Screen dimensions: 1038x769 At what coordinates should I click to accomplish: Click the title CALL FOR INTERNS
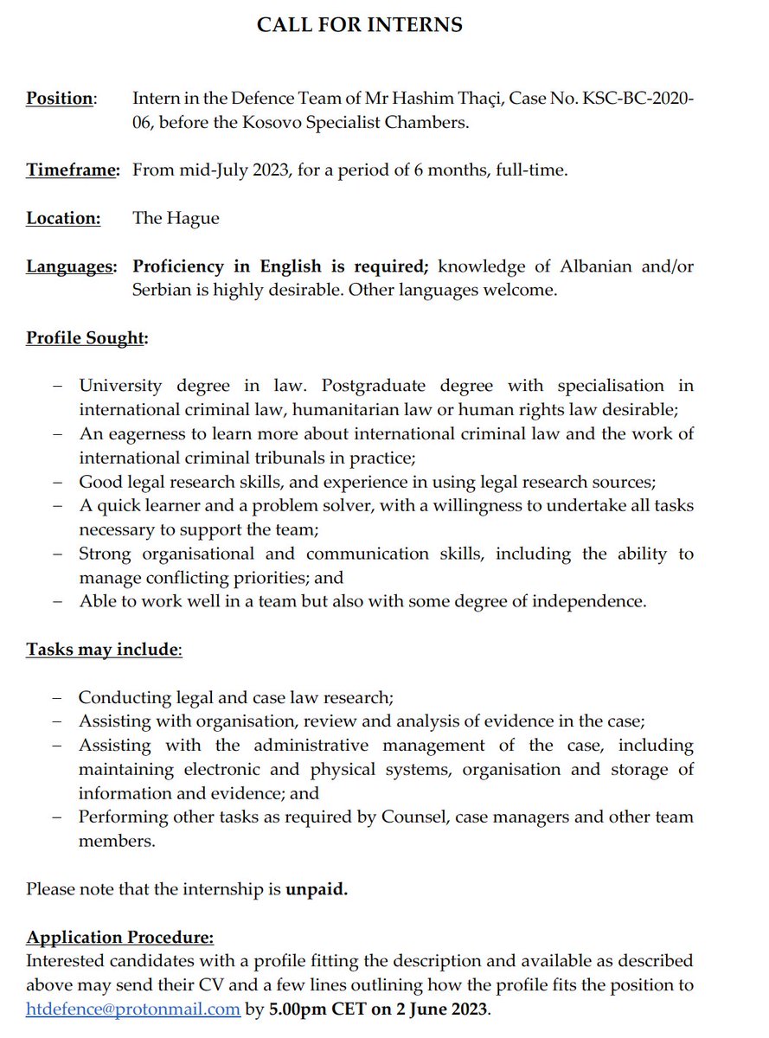pos(359,25)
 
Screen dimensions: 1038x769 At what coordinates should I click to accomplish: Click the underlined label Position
pos(59,99)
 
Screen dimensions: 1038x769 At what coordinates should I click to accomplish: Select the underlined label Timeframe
pos(72,170)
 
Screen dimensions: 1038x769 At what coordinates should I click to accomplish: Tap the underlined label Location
pos(62,218)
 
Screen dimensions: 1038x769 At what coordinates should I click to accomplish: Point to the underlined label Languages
pos(70,266)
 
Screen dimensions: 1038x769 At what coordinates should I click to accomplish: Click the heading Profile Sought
pos(85,337)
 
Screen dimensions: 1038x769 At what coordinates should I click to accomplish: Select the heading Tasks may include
pos(102,649)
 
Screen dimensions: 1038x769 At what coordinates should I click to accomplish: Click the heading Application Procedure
pos(119,938)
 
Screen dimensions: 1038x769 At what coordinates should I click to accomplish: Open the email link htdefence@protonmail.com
pos(133,1009)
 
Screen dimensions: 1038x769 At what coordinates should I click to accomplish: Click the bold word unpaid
pos(317,889)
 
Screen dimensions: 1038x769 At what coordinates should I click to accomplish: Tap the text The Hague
pos(176,218)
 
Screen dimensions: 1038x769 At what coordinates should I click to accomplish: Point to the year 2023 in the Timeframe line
pos(272,170)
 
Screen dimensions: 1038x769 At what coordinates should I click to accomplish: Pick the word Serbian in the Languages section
pos(161,290)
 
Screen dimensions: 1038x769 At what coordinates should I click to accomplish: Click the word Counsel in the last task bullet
pos(412,817)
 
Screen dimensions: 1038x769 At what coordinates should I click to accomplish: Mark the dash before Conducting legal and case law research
pos(57,697)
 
